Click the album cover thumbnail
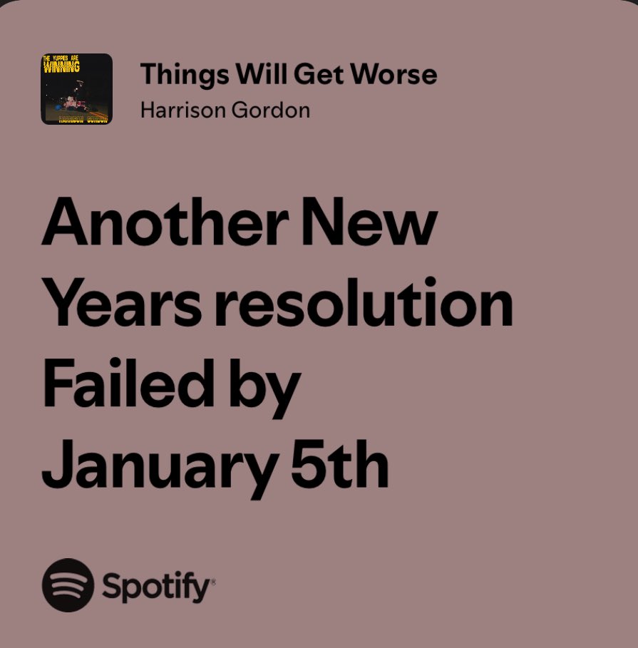76,89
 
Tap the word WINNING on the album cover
62,68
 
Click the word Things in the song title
175,74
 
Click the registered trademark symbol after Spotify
212,581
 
